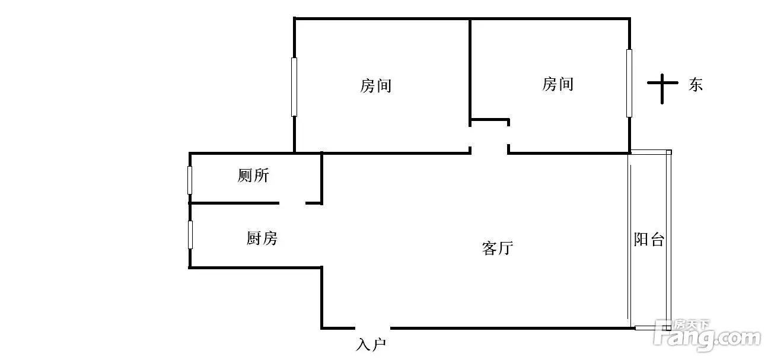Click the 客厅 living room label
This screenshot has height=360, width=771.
pyautogui.click(x=497, y=248)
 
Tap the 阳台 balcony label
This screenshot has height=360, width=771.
pyautogui.click(x=649, y=240)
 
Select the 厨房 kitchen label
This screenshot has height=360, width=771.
pyautogui.click(x=262, y=238)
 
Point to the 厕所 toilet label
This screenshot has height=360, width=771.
pyautogui.click(x=253, y=176)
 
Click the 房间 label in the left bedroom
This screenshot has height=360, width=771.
pyautogui.click(x=375, y=86)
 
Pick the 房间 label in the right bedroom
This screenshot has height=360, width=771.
pyautogui.click(x=557, y=84)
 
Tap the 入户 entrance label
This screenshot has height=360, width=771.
pyautogui.click(x=372, y=345)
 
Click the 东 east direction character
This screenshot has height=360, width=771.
pyautogui.click(x=695, y=85)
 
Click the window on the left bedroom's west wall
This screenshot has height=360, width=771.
pyautogui.click(x=294, y=87)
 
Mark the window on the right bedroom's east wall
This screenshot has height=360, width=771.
pyautogui.click(x=629, y=83)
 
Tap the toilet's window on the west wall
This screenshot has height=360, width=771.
pyautogui.click(x=190, y=180)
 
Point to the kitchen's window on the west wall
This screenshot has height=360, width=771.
pyautogui.click(x=190, y=234)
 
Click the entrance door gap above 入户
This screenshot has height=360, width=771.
pyautogui.click(x=372, y=327)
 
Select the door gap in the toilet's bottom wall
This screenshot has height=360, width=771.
pyautogui.click(x=292, y=203)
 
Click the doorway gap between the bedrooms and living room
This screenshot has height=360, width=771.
pyautogui.click(x=489, y=152)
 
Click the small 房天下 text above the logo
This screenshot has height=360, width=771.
pyautogui.click(x=692, y=325)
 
